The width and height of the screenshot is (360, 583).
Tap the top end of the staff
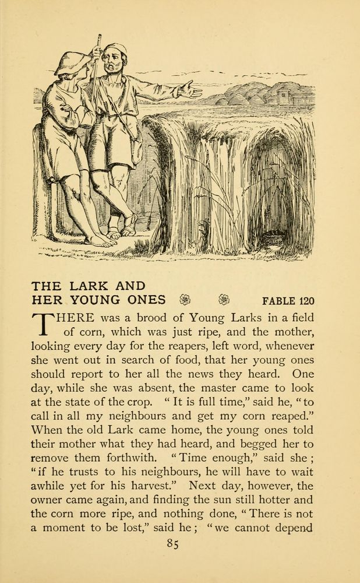100,37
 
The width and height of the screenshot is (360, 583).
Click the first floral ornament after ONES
185,300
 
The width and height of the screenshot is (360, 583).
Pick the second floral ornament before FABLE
224,300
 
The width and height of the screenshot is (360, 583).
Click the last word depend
291,528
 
